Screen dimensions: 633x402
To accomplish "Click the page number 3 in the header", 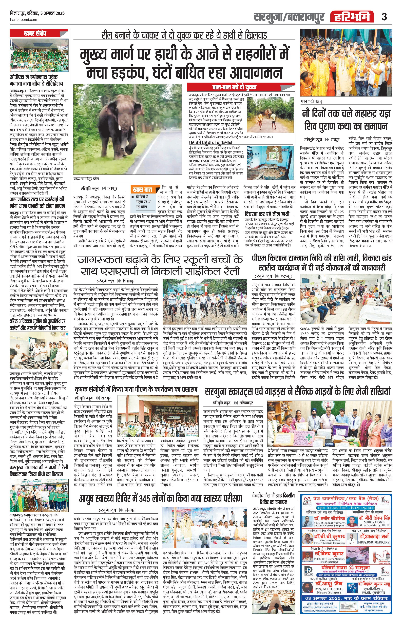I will pos(384,17).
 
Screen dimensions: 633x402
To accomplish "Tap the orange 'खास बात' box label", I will pos(142,189).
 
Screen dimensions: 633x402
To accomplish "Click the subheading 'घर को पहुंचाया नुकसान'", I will pos(211,142).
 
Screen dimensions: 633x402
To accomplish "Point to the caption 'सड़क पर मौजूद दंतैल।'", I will pos(87,179).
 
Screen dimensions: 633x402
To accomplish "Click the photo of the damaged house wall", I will pos(270,163).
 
